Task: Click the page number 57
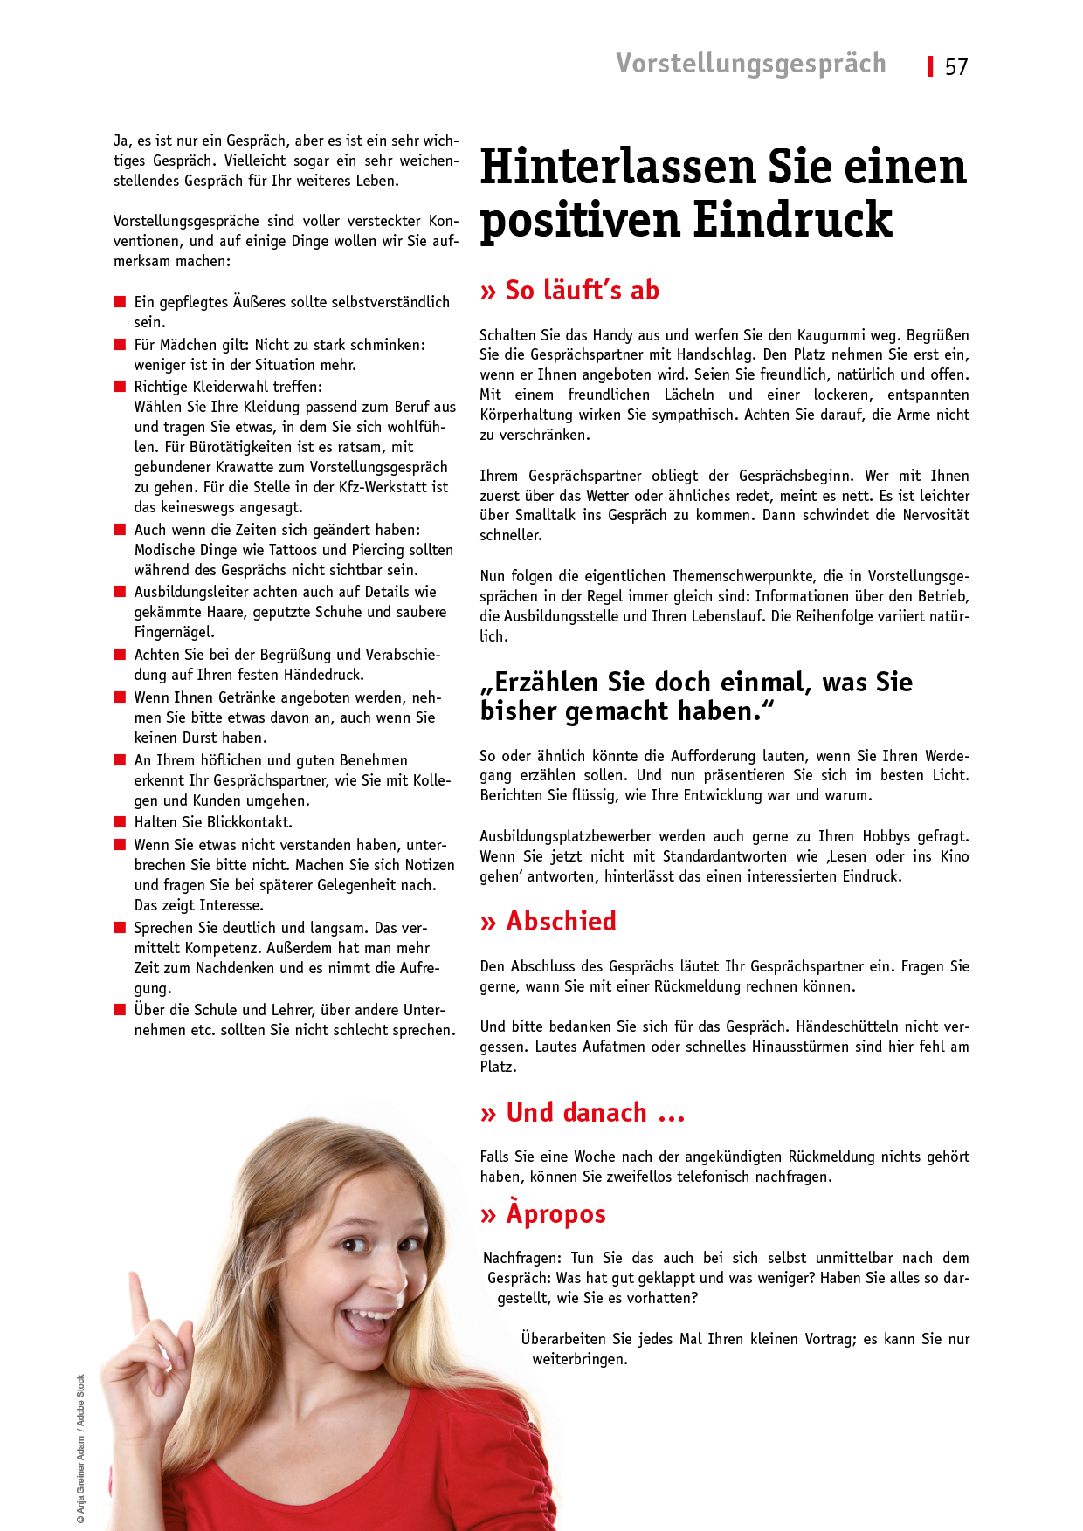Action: coord(956,67)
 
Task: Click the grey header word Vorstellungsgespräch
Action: coord(750,64)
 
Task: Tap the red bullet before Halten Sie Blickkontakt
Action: coord(120,822)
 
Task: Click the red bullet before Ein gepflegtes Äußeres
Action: coord(120,302)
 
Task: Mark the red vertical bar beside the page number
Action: coord(931,66)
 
